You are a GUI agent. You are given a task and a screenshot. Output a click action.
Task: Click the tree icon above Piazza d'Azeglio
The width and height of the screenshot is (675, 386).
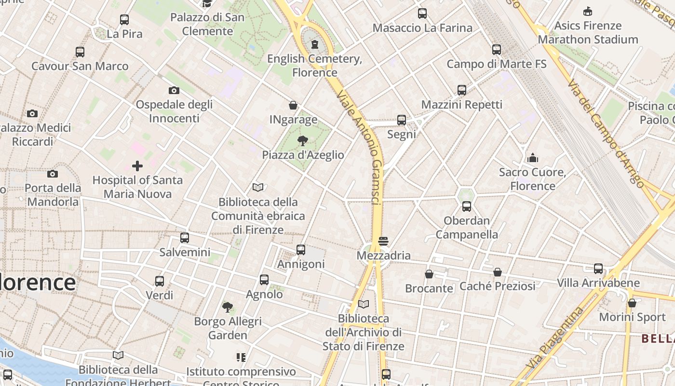pyautogui.click(x=303, y=141)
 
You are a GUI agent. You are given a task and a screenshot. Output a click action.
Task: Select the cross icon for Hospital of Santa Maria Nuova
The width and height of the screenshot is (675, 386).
pyautogui.click(x=137, y=166)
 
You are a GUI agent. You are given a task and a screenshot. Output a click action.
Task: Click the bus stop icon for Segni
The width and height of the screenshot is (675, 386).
pyautogui.click(x=402, y=120)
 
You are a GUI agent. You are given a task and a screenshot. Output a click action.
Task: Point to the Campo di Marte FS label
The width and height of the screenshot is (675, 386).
pyautogui.click(x=497, y=64)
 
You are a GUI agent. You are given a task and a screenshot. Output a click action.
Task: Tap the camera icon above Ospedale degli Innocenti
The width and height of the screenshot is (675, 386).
pyautogui.click(x=174, y=90)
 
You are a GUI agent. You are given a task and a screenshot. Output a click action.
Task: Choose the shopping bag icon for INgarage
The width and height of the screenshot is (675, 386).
pyautogui.click(x=293, y=105)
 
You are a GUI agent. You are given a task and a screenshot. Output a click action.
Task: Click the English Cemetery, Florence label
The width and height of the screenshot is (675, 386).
pyautogui.click(x=315, y=66)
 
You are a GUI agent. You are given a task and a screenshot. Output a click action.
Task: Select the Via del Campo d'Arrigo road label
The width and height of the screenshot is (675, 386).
pyautogui.click(x=606, y=133)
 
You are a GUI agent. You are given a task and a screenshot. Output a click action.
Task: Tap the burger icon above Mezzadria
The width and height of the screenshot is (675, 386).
pyautogui.click(x=383, y=241)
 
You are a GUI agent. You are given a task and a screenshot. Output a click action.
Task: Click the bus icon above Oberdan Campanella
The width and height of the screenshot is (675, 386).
pyautogui.click(x=467, y=207)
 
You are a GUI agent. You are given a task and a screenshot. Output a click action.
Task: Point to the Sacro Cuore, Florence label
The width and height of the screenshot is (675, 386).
pyautogui.click(x=533, y=179)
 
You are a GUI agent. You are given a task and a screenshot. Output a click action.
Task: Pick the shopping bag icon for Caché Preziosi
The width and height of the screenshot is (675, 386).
pyautogui.click(x=498, y=272)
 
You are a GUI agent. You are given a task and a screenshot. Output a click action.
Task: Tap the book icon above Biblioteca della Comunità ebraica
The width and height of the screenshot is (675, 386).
pyautogui.click(x=258, y=187)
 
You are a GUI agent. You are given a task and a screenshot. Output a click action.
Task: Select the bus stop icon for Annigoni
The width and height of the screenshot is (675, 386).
pyautogui.click(x=301, y=249)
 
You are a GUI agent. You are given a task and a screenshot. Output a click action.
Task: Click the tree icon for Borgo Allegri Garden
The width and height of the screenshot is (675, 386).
pyautogui.click(x=228, y=307)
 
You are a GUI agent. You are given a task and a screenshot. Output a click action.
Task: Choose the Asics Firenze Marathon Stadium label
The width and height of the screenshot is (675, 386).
pyautogui.click(x=588, y=32)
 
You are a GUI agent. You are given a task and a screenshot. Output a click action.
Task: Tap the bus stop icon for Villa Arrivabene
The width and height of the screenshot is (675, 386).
pyautogui.click(x=598, y=268)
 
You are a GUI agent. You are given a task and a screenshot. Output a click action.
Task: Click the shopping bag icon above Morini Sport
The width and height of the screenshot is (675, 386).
pyautogui.click(x=632, y=303)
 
